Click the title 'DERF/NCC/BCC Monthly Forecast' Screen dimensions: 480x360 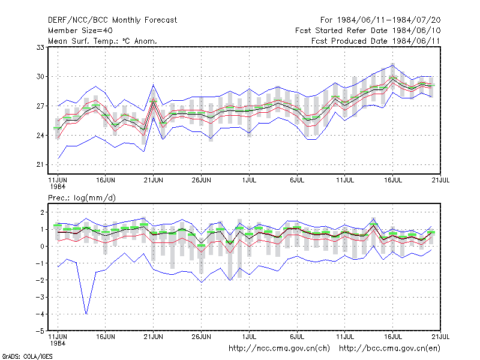(112, 20)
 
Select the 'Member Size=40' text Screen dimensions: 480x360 (80, 31)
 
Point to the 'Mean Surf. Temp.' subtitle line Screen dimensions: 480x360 (102, 41)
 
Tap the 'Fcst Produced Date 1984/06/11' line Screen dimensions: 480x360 (376, 41)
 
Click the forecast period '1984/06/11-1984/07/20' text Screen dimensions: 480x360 (389, 20)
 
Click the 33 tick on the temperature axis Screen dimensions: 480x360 (40, 47)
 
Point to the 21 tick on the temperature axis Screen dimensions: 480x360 (40, 164)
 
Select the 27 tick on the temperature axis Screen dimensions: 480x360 (40, 106)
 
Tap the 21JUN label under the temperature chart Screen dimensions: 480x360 (154, 180)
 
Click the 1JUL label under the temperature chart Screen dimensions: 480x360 (249, 180)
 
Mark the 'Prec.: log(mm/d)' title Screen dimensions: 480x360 (82, 198)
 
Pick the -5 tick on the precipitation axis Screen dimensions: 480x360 (40, 331)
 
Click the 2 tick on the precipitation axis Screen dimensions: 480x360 (43, 212)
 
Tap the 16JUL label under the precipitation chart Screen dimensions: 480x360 (393, 337)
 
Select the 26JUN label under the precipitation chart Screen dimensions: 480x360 (201, 337)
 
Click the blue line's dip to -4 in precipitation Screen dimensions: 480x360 (86, 314)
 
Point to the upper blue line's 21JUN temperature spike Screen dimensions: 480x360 (154, 85)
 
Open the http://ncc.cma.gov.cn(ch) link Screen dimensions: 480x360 (279, 349)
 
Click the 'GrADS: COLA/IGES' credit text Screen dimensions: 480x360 (27, 356)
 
